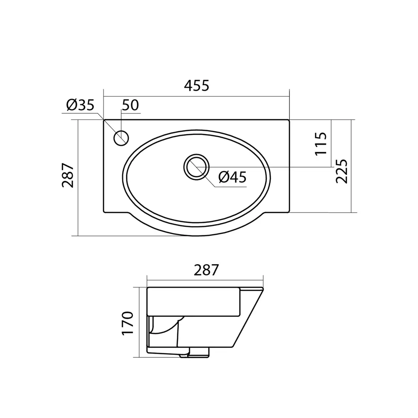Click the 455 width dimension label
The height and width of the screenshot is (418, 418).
(196, 86)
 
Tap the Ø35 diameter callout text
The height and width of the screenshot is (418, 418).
(81, 105)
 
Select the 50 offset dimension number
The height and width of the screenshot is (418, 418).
(130, 105)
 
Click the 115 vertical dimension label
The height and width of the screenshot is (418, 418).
(321, 143)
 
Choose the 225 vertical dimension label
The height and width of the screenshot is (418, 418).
(342, 171)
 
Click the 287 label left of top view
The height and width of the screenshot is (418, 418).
(68, 175)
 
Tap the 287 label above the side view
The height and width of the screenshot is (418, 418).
(206, 270)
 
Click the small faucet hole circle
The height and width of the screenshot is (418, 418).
(122, 138)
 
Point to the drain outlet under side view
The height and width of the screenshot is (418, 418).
(194, 354)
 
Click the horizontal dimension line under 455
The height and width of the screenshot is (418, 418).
(196, 97)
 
